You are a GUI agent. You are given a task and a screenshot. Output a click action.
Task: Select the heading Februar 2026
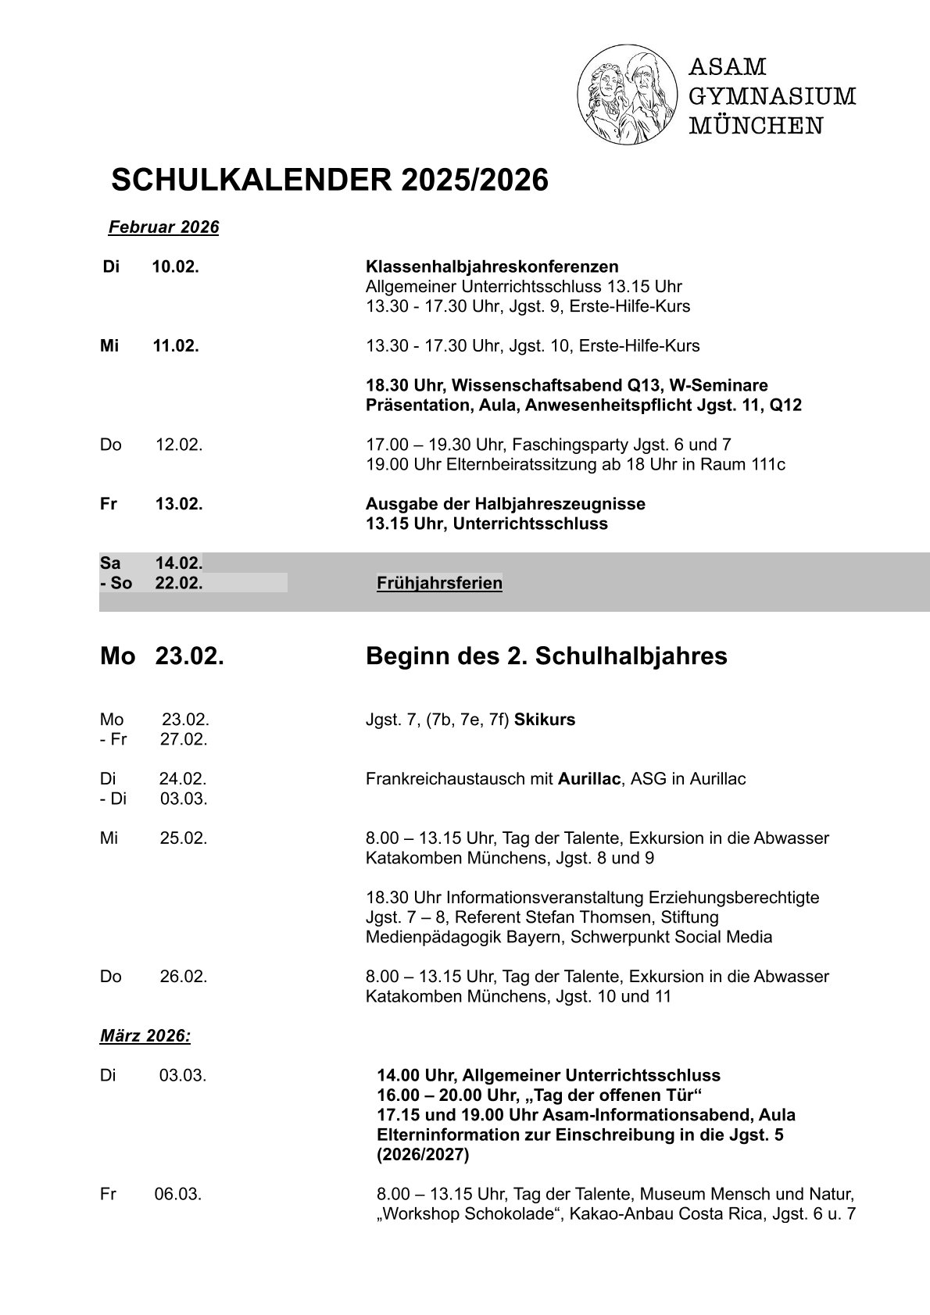(x=163, y=227)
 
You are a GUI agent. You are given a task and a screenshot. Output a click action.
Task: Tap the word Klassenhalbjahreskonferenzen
(x=492, y=266)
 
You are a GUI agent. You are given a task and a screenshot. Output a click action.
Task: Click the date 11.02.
(x=176, y=345)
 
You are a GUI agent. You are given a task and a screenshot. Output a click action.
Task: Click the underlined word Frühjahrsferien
(x=439, y=583)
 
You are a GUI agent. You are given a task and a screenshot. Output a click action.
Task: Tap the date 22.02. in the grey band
(x=179, y=583)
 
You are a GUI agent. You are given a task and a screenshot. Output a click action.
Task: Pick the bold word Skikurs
(x=545, y=720)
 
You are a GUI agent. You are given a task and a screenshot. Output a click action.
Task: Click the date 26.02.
(x=184, y=976)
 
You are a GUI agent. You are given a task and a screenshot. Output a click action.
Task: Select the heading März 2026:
(x=145, y=1036)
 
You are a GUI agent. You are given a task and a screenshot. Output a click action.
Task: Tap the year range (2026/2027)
(x=423, y=1155)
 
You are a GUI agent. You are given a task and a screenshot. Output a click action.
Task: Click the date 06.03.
(x=178, y=1194)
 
